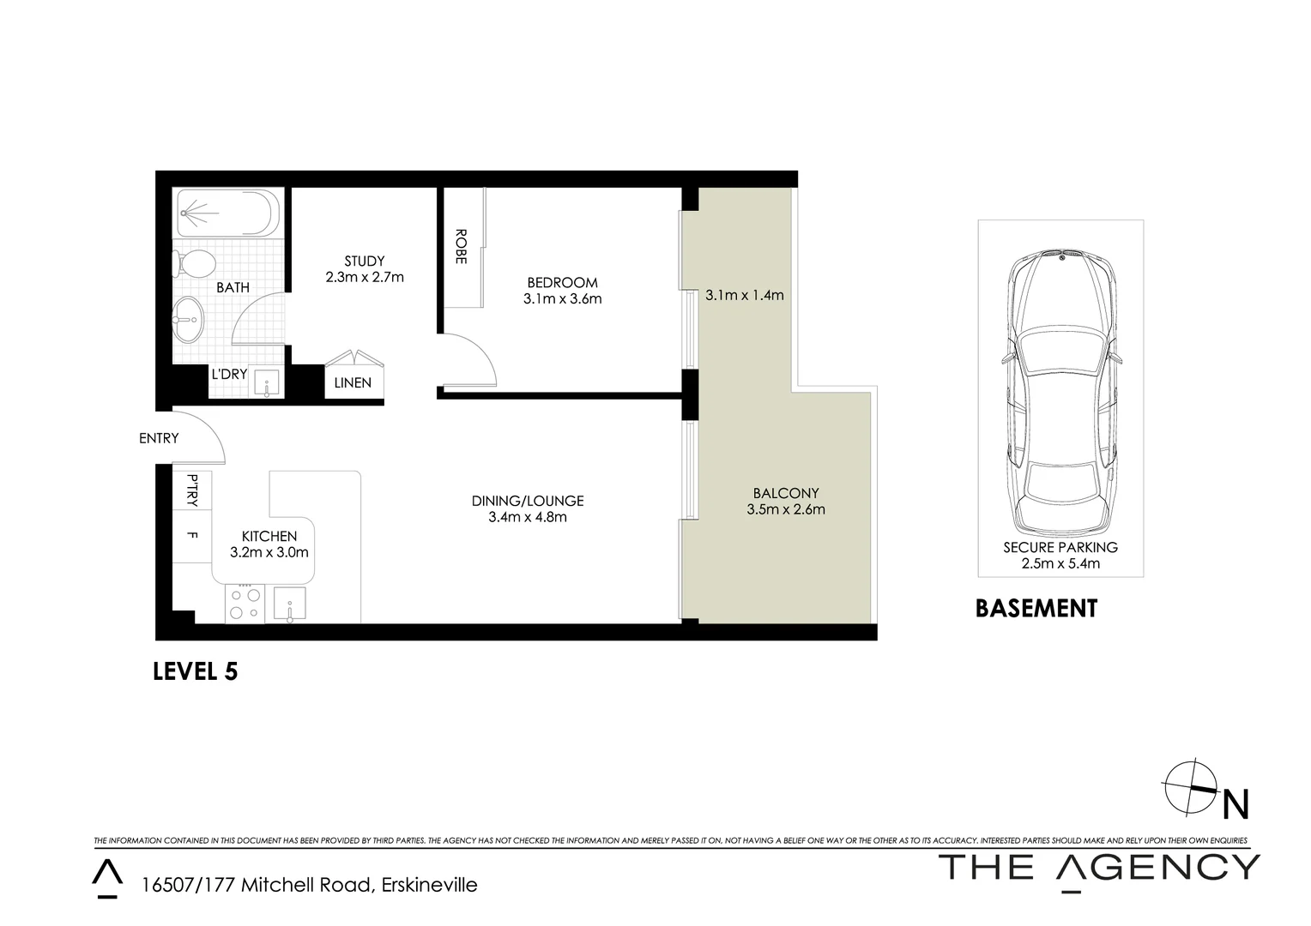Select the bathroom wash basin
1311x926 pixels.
pos(188,320)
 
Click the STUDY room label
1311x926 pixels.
pos(365,261)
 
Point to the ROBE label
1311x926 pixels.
pos(461,246)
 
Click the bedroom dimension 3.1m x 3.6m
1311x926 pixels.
pos(562,299)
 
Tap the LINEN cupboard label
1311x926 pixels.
pos(353,382)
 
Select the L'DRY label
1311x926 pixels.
pos(229,374)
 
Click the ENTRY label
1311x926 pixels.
pos(159,438)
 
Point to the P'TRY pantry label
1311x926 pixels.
pos(192,490)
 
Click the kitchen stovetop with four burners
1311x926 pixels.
pos(245,604)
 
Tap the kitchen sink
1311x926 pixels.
pos(290,604)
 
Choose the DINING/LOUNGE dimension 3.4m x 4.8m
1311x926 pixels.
pos(527,517)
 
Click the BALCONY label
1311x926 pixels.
pos(786,493)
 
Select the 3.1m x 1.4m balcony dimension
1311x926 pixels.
pos(744,295)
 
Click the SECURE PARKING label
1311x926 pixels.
pos(1060,547)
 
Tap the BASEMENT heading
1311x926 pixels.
pos(1036,609)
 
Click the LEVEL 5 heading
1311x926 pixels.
pos(195,671)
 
